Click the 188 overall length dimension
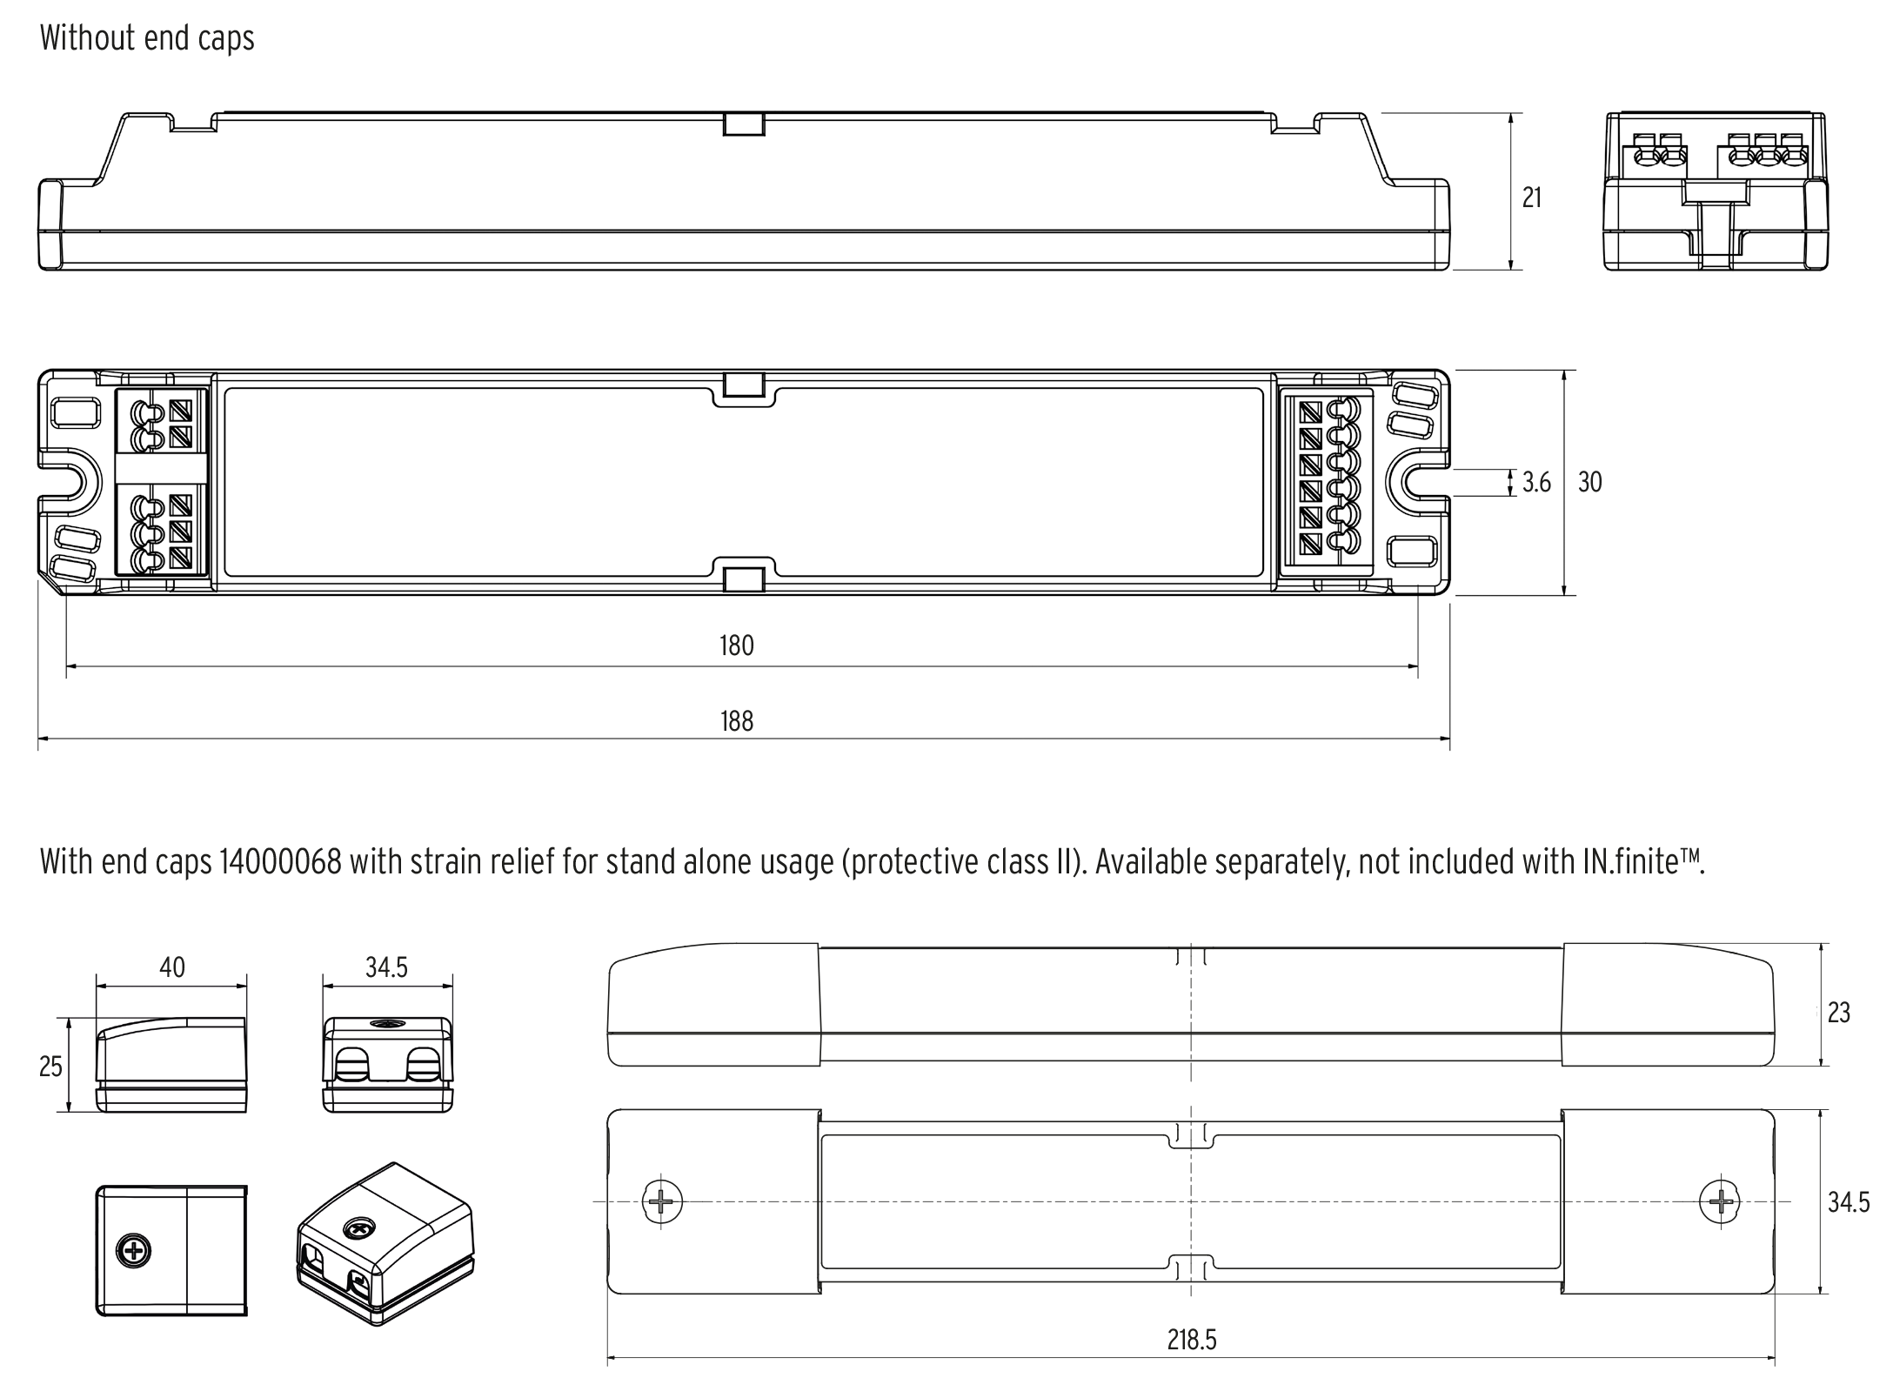(736, 721)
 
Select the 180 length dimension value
(736, 645)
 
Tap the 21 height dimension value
(1532, 198)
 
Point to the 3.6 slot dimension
(1536, 482)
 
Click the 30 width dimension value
(1589, 482)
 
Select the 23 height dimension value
(1838, 1013)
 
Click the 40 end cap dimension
(172, 967)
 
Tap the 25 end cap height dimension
(50, 1067)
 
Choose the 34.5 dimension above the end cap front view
(386, 967)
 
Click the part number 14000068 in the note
(279, 862)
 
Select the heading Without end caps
(147, 38)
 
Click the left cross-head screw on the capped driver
(662, 1202)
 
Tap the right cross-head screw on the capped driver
(1720, 1202)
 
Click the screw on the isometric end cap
(357, 1229)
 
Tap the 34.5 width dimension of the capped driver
(1848, 1202)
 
